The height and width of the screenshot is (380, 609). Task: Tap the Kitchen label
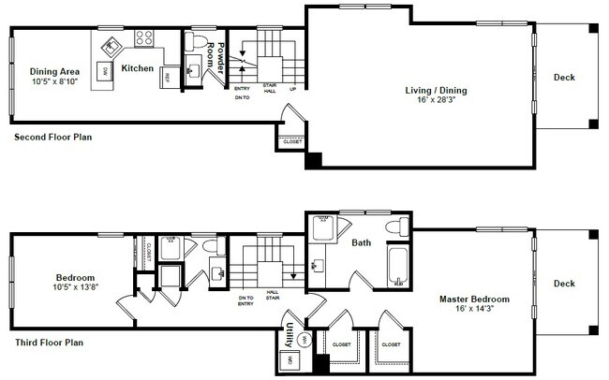(137, 68)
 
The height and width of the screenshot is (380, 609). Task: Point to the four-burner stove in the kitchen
(144, 38)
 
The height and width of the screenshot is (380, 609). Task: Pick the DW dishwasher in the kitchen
(105, 70)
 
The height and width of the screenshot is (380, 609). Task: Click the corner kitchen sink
(111, 43)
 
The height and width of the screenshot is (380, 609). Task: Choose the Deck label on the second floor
(563, 78)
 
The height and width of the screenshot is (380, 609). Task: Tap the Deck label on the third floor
(563, 284)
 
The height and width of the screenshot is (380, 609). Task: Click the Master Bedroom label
(472, 300)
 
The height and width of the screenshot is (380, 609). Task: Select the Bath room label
(362, 242)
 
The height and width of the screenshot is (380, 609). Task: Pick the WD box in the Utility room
(290, 360)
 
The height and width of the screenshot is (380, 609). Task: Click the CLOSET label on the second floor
(292, 142)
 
